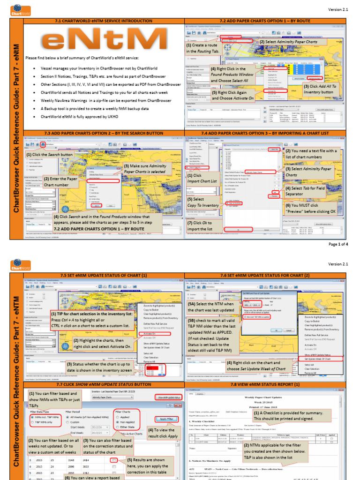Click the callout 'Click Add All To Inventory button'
321,89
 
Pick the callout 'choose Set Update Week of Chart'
256,365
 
